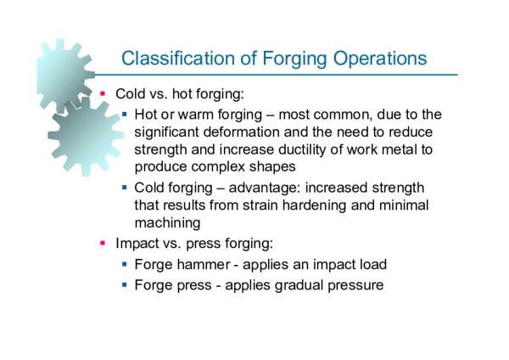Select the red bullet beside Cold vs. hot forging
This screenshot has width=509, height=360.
103,93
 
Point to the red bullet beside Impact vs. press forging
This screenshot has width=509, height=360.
103,243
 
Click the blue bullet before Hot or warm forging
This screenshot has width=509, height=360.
125,113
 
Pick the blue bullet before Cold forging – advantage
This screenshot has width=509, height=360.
125,187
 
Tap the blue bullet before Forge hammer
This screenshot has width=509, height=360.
125,264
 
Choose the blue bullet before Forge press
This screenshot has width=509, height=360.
125,284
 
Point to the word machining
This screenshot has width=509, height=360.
167,223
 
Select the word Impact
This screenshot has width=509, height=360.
134,243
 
